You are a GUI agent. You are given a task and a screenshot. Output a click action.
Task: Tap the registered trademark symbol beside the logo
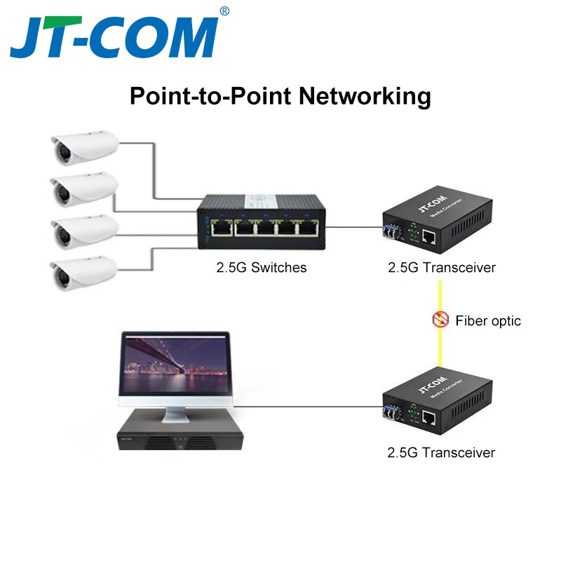[x=224, y=11]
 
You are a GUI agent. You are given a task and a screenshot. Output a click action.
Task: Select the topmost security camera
[x=84, y=147]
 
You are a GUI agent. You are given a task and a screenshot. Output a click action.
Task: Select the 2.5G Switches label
[x=261, y=268]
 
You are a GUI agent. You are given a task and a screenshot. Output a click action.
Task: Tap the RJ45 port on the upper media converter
[x=429, y=238]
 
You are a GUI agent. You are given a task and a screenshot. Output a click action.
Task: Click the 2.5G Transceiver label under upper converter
[x=441, y=268]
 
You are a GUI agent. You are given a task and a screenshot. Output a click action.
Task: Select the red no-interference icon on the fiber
[x=440, y=320]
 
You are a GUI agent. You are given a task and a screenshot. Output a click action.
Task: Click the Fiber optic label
[x=488, y=321]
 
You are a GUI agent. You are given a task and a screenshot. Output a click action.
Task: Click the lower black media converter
[x=435, y=403]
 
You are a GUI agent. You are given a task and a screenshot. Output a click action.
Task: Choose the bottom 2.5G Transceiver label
[x=441, y=452]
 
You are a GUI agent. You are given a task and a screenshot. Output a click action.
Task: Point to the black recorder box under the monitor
[x=180, y=433]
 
